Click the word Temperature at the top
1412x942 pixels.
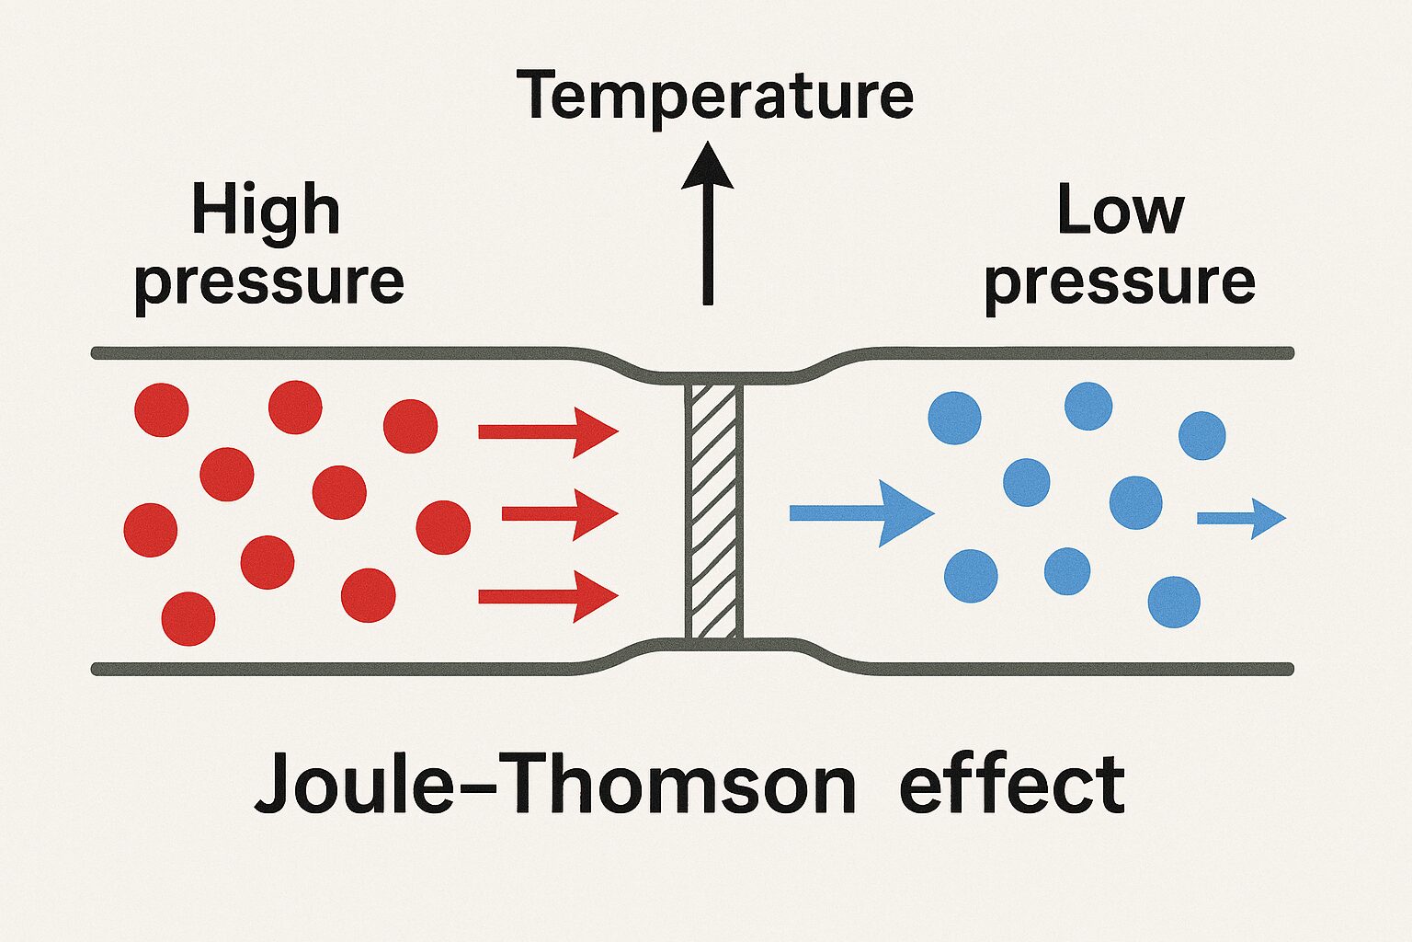pyautogui.click(x=714, y=96)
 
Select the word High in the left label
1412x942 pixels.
pyautogui.click(x=266, y=213)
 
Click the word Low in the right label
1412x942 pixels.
pyautogui.click(x=1120, y=211)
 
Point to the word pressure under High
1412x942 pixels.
pyautogui.click(x=268, y=282)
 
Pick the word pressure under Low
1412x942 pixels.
pyautogui.click(x=1120, y=282)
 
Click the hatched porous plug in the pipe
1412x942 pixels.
pyautogui.click(x=712, y=511)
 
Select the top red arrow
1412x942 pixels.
pyautogui.click(x=548, y=431)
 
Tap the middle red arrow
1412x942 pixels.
pyautogui.click(x=559, y=513)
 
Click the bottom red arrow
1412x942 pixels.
pyautogui.click(x=548, y=596)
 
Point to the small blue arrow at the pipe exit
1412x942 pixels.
pyautogui.click(x=1241, y=519)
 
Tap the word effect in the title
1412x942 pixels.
pyautogui.click(x=1011, y=786)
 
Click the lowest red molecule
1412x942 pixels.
pyautogui.click(x=188, y=619)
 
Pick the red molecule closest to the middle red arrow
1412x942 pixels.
pyautogui.click(x=443, y=527)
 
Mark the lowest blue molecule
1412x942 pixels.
pyautogui.click(x=1174, y=602)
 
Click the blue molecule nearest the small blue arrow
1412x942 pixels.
pyautogui.click(x=1136, y=502)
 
